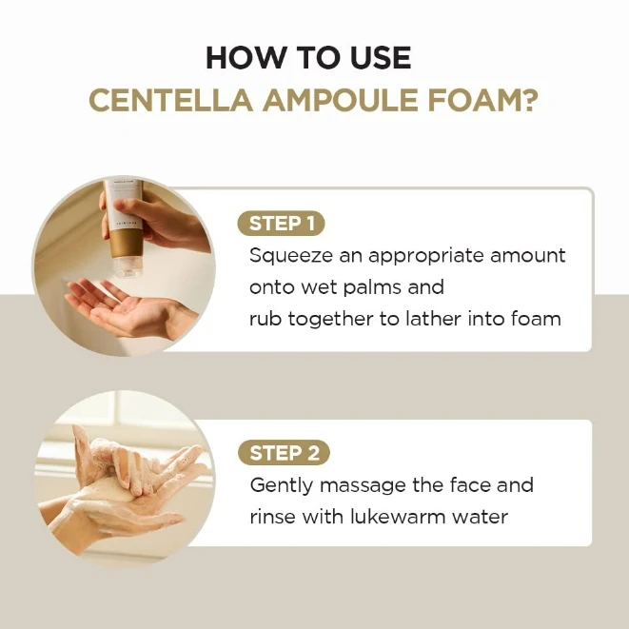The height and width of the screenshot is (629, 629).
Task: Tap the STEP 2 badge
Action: coord(283,454)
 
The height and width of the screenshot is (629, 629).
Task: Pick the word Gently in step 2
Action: coord(279,485)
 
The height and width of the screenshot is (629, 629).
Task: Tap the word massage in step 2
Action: coord(355,485)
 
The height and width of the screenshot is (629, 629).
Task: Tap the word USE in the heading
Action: coord(378,58)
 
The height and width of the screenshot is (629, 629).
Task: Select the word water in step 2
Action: coord(483,517)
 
